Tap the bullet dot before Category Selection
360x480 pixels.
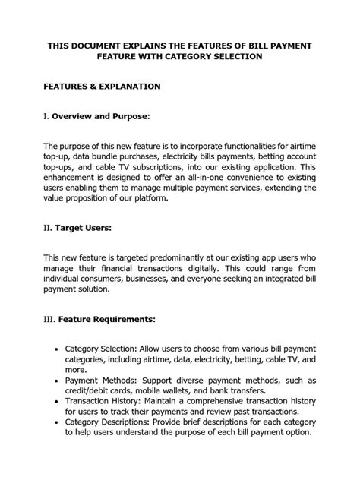(59, 347)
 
